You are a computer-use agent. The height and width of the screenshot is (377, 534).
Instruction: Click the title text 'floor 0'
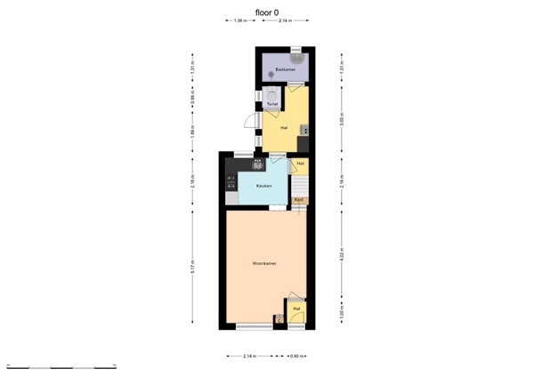(x=267, y=12)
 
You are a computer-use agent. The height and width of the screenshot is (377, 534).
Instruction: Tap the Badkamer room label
(x=285, y=68)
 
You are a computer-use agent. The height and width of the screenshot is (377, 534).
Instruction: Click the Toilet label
(x=272, y=104)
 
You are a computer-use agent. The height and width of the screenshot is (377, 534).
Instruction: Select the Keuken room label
(x=263, y=186)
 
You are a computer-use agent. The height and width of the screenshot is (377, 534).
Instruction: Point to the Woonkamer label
(x=264, y=263)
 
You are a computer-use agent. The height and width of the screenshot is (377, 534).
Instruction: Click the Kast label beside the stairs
(x=299, y=200)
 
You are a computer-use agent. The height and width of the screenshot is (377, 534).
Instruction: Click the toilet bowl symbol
(x=271, y=92)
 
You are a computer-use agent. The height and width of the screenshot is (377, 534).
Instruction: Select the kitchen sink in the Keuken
(x=258, y=163)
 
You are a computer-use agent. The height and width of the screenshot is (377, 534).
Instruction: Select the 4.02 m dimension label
(x=342, y=257)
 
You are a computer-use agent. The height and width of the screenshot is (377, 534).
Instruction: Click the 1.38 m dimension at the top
(x=240, y=20)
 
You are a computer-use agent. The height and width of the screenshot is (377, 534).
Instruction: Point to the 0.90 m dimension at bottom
(x=297, y=357)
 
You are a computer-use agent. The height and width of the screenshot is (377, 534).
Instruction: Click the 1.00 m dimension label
(x=342, y=313)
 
